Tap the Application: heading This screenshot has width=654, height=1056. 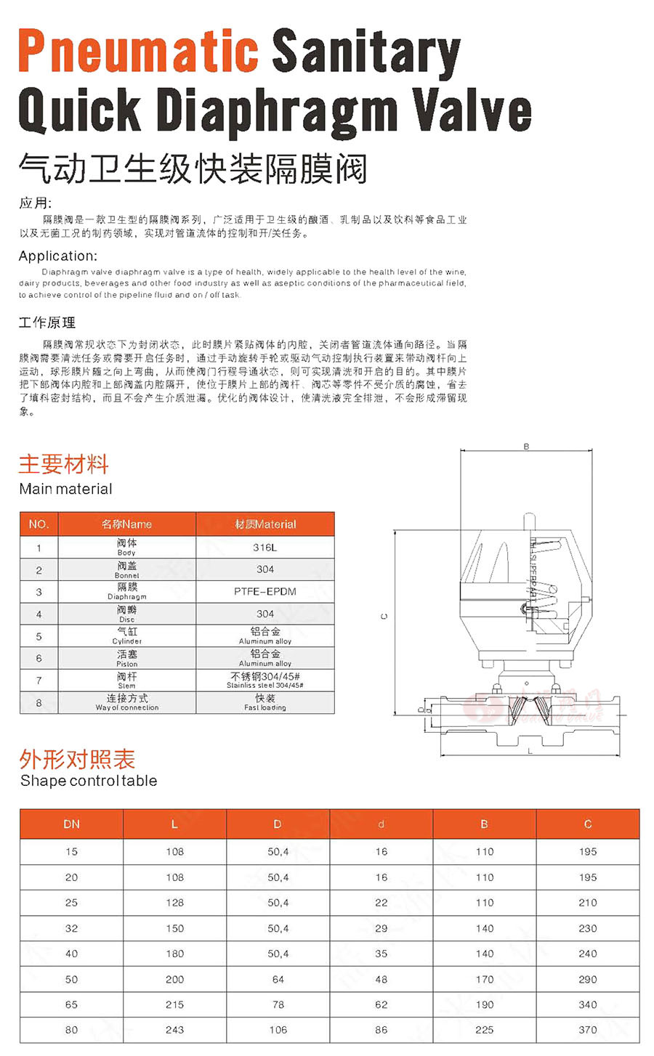coord(57,256)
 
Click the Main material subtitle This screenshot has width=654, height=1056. coord(65,489)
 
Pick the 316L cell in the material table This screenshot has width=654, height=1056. coord(265,548)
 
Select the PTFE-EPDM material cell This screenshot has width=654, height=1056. coord(265,591)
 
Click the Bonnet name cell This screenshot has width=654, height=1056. coord(126,569)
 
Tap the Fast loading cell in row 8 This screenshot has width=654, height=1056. coord(265,702)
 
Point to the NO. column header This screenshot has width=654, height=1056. coord(39,524)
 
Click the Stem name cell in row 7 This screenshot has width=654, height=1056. coord(126,680)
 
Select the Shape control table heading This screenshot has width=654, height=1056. coord(88,781)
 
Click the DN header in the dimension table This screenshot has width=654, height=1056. coord(71,824)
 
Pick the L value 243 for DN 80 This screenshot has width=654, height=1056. coord(174,1029)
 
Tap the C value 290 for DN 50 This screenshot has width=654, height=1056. coord(587,979)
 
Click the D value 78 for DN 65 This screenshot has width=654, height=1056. coord(278,1004)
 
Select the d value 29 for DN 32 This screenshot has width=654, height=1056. coord(381,928)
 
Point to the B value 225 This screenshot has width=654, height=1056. coord(484,1029)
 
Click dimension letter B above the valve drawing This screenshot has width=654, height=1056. coord(526,447)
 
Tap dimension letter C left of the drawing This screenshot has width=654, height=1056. coord(384,616)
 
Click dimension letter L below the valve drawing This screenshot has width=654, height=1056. coord(530,750)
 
